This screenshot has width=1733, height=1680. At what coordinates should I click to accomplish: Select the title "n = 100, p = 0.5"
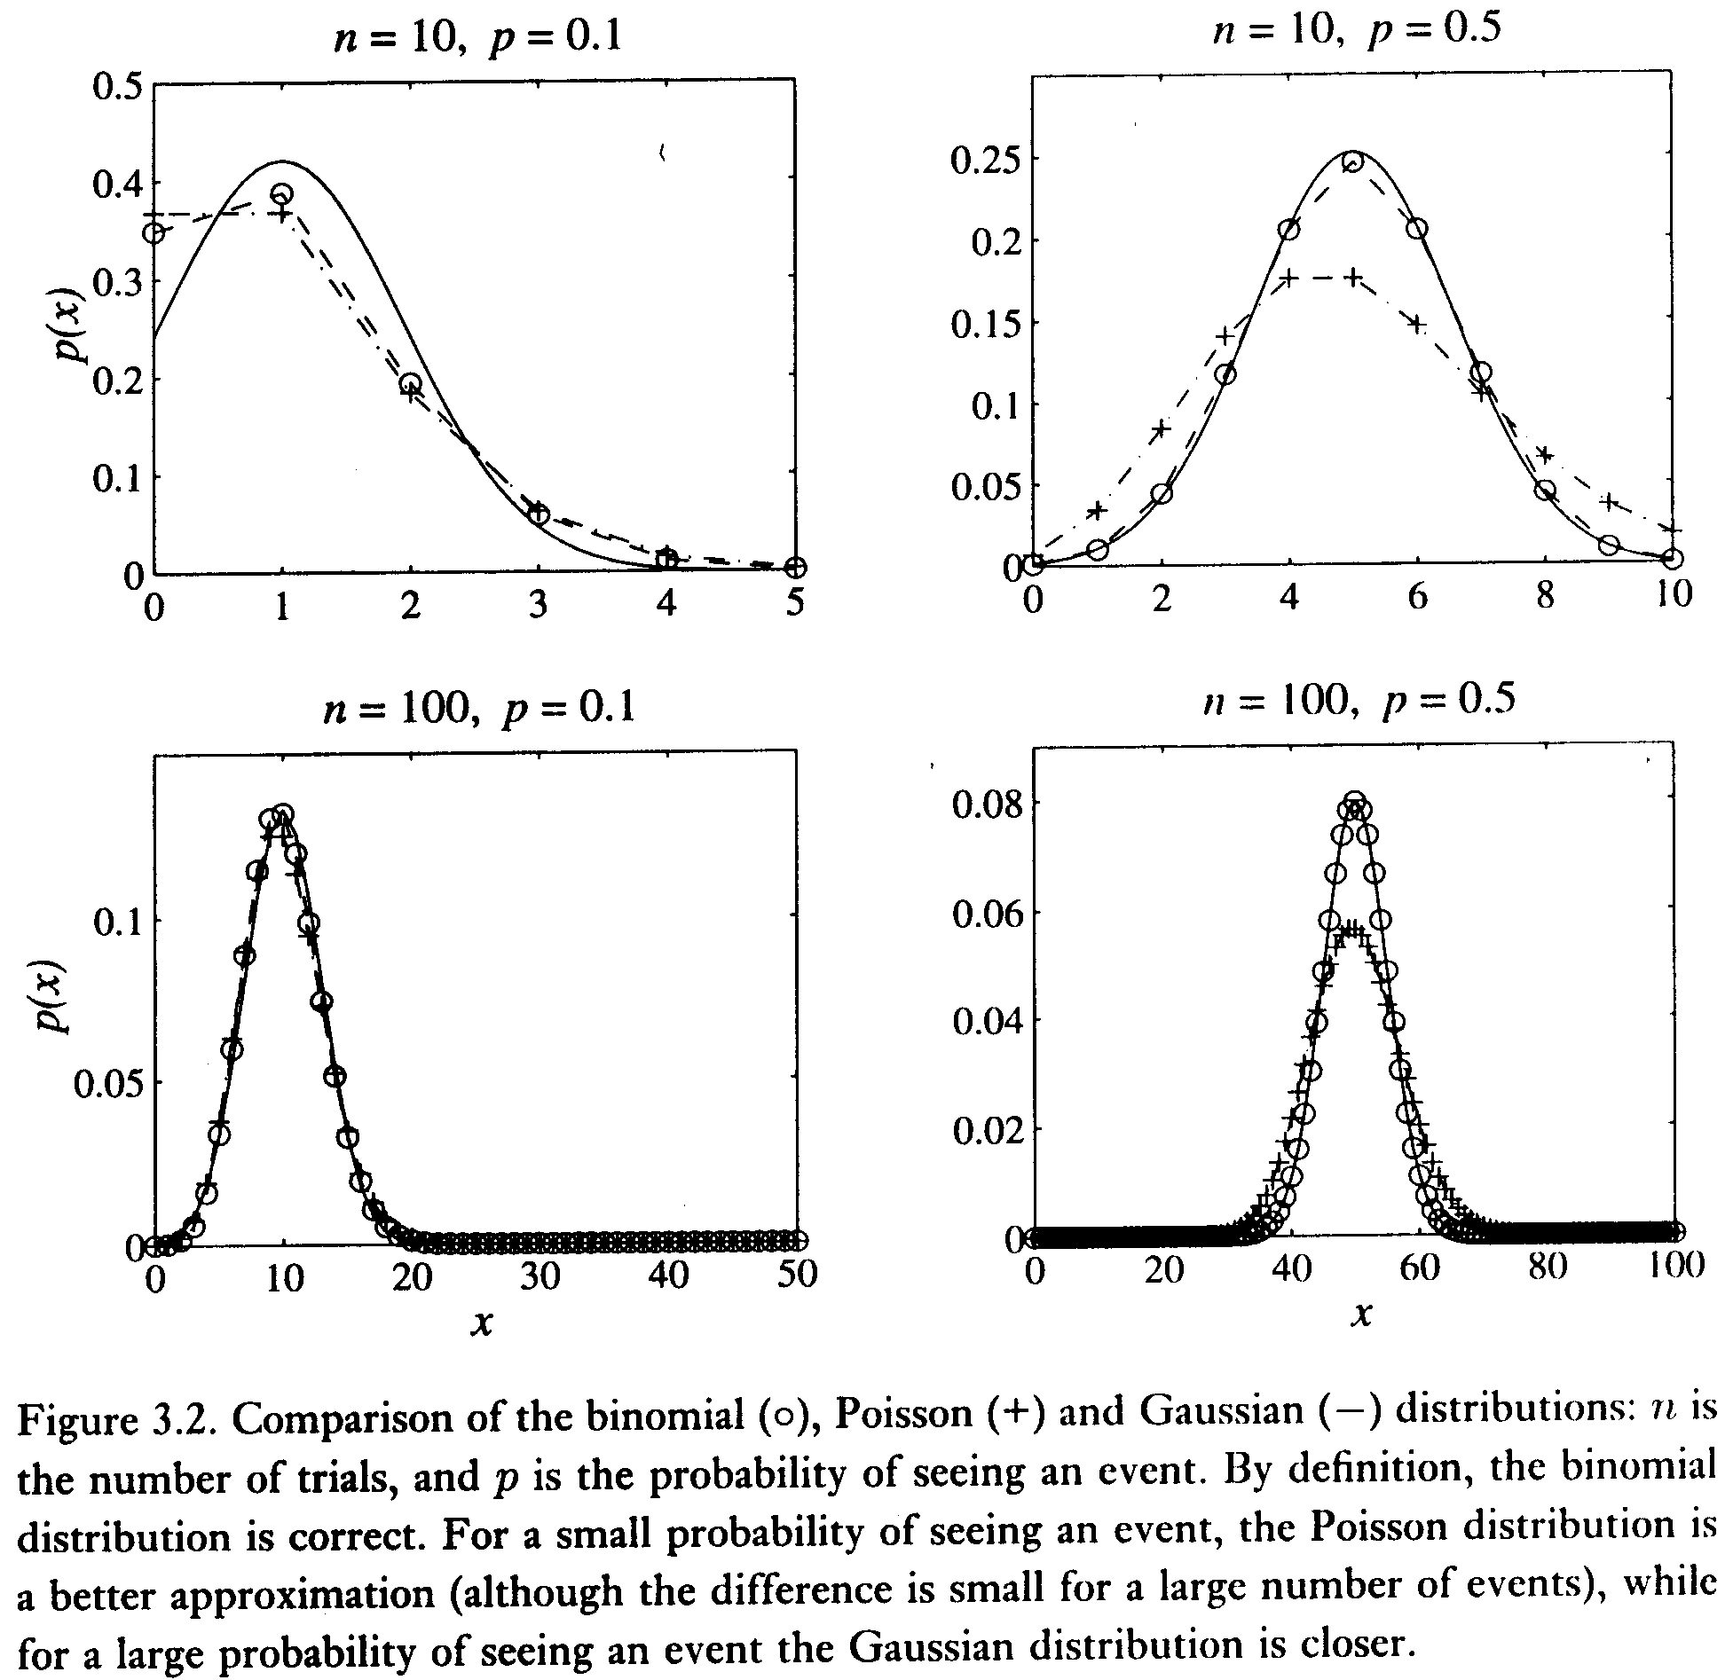(1359, 701)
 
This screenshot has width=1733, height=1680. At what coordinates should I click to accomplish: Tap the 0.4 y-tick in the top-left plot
(118, 184)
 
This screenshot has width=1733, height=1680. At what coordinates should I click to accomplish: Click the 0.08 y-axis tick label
(984, 804)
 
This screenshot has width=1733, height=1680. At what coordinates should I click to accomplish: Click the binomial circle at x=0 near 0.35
(154, 232)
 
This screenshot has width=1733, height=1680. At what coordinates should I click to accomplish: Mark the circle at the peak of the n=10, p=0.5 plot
(1352, 162)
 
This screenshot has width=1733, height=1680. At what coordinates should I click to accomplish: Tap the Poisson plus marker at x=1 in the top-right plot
(1098, 509)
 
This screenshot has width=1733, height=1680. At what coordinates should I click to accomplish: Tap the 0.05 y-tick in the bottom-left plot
(108, 1083)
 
